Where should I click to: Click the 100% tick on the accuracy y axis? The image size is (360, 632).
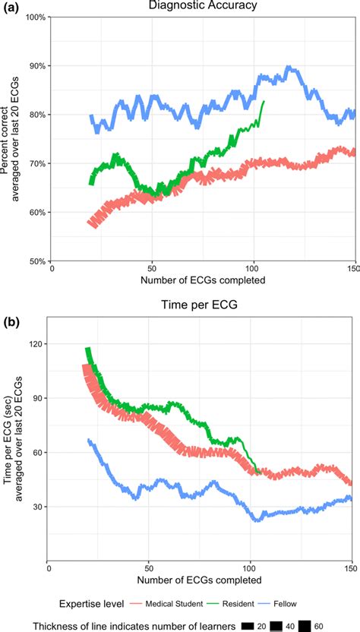tap(36, 17)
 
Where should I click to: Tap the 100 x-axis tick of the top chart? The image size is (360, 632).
tap(254, 268)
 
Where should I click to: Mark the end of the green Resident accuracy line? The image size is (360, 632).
tap(264, 101)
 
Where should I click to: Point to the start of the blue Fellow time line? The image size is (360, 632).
tap(89, 440)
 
